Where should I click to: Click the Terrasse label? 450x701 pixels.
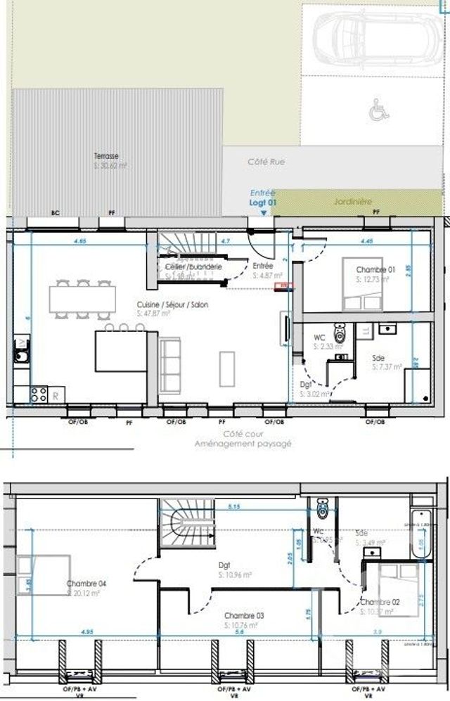tap(106, 156)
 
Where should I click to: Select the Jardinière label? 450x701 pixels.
tap(352, 201)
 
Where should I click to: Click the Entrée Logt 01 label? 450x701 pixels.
tap(263, 197)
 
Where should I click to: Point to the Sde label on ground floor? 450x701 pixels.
tap(378, 358)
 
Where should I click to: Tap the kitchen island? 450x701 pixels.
tap(121, 351)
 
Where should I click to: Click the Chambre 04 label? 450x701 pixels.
tap(86, 584)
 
